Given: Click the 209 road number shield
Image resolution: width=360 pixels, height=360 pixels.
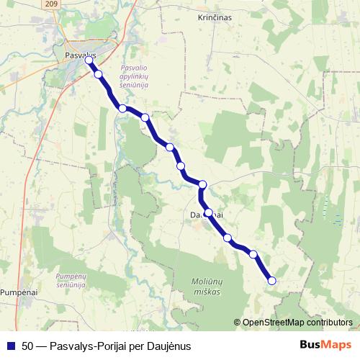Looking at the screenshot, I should tap(50, 4).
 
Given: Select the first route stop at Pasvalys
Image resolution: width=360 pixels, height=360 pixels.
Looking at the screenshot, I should tap(89, 60).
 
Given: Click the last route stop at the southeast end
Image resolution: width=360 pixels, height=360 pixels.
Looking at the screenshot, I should tap(271, 281).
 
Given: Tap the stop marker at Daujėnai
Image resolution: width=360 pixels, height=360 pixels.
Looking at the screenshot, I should tap(208, 212).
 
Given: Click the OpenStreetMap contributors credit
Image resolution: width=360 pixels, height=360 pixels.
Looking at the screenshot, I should tap(297, 323).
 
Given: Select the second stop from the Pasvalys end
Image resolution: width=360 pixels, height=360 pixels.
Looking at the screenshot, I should tap(99, 74).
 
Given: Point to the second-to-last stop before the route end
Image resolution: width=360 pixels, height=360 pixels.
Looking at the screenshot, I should tap(253, 254).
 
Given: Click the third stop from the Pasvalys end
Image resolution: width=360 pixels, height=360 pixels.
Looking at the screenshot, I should tap(122, 109).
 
